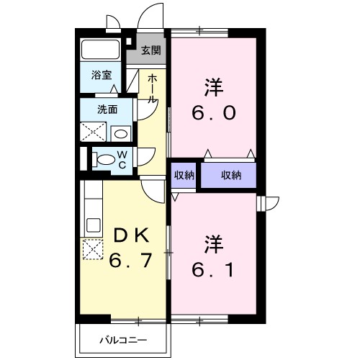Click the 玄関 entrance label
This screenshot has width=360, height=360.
(150, 50)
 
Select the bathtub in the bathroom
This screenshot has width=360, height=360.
(101, 50)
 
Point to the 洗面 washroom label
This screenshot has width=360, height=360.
(107, 109)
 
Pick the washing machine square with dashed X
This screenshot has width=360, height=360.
(94, 132)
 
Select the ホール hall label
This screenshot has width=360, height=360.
(153, 88)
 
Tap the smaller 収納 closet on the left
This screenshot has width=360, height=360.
(184, 175)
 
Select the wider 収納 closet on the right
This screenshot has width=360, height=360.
(230, 175)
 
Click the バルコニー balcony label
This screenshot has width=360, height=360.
(123, 338)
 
